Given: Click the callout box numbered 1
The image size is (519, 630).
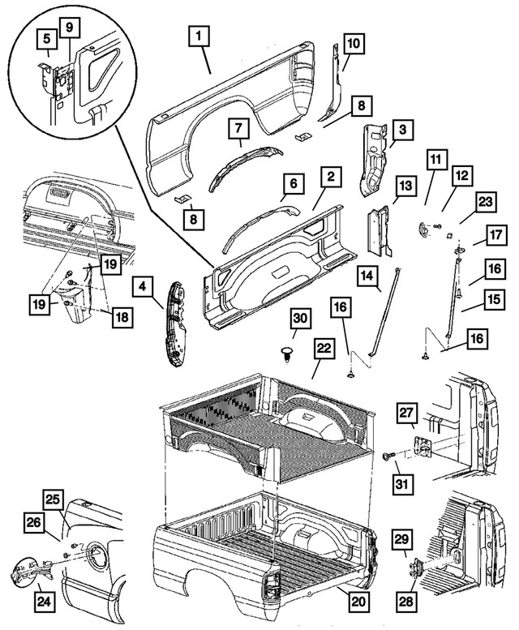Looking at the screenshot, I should coord(198,36).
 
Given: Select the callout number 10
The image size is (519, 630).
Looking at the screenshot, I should coord(354,41).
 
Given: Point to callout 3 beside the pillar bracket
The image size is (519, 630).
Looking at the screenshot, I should coord(401,129).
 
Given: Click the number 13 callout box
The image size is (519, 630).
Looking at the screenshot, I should coord(403,189).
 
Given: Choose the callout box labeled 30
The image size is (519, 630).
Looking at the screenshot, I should coord(299,320).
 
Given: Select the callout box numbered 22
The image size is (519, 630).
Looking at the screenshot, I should coord(324,348).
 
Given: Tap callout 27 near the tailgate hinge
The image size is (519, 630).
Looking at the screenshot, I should coord(405,414).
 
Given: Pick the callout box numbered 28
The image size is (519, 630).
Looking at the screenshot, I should coord(404,601).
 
